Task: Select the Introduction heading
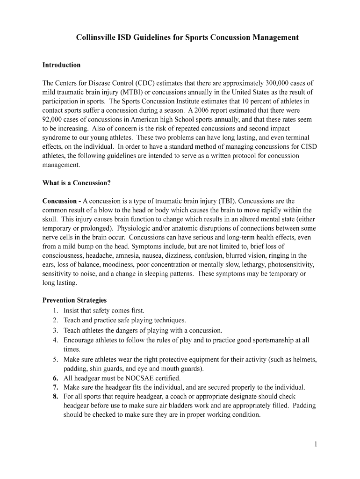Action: (61, 65)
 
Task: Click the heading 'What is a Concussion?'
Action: (76, 183)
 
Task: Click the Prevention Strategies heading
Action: (74, 300)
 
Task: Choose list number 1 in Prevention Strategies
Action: (55, 310)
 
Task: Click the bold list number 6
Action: (55, 378)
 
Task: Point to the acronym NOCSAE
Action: (137, 378)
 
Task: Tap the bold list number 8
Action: (55, 397)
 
